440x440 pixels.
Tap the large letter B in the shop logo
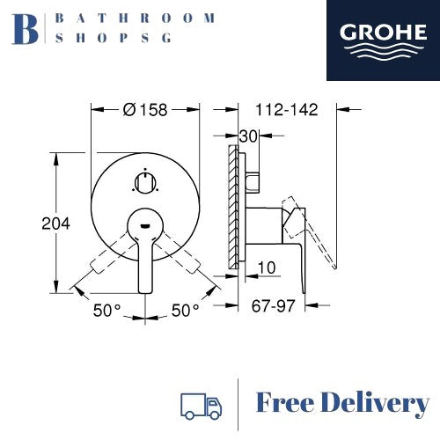tap(28, 28)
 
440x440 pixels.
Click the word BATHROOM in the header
tap(134, 18)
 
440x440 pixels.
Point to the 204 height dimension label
tap(55, 224)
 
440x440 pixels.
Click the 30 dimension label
tap(247, 136)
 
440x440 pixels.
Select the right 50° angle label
tap(186, 311)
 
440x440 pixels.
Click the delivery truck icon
tap(200, 405)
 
